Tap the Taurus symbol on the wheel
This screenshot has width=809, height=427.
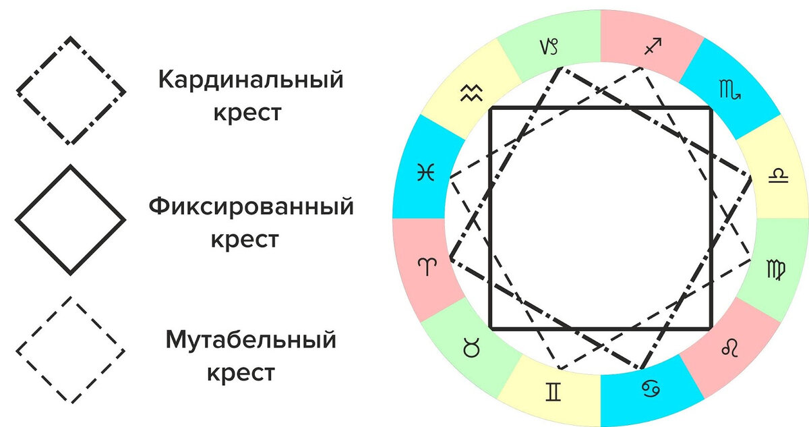click(x=468, y=349)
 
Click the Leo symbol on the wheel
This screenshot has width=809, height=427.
click(x=730, y=348)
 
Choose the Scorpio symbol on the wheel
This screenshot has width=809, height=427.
click(x=732, y=90)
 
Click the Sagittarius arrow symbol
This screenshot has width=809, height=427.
click(x=652, y=47)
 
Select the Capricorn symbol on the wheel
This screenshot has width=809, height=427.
click(x=550, y=48)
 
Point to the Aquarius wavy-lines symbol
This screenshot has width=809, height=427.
click(x=469, y=92)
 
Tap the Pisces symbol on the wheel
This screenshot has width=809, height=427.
click(x=425, y=173)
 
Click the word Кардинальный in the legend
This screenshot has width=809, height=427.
click(x=251, y=80)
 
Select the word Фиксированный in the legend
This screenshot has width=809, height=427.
click(x=251, y=205)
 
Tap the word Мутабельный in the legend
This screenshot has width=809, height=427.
click(x=251, y=339)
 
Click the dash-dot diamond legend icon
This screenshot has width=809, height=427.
click(x=71, y=90)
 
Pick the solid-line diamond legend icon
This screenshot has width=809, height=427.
click(x=71, y=220)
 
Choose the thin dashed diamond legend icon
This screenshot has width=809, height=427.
click(x=71, y=349)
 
